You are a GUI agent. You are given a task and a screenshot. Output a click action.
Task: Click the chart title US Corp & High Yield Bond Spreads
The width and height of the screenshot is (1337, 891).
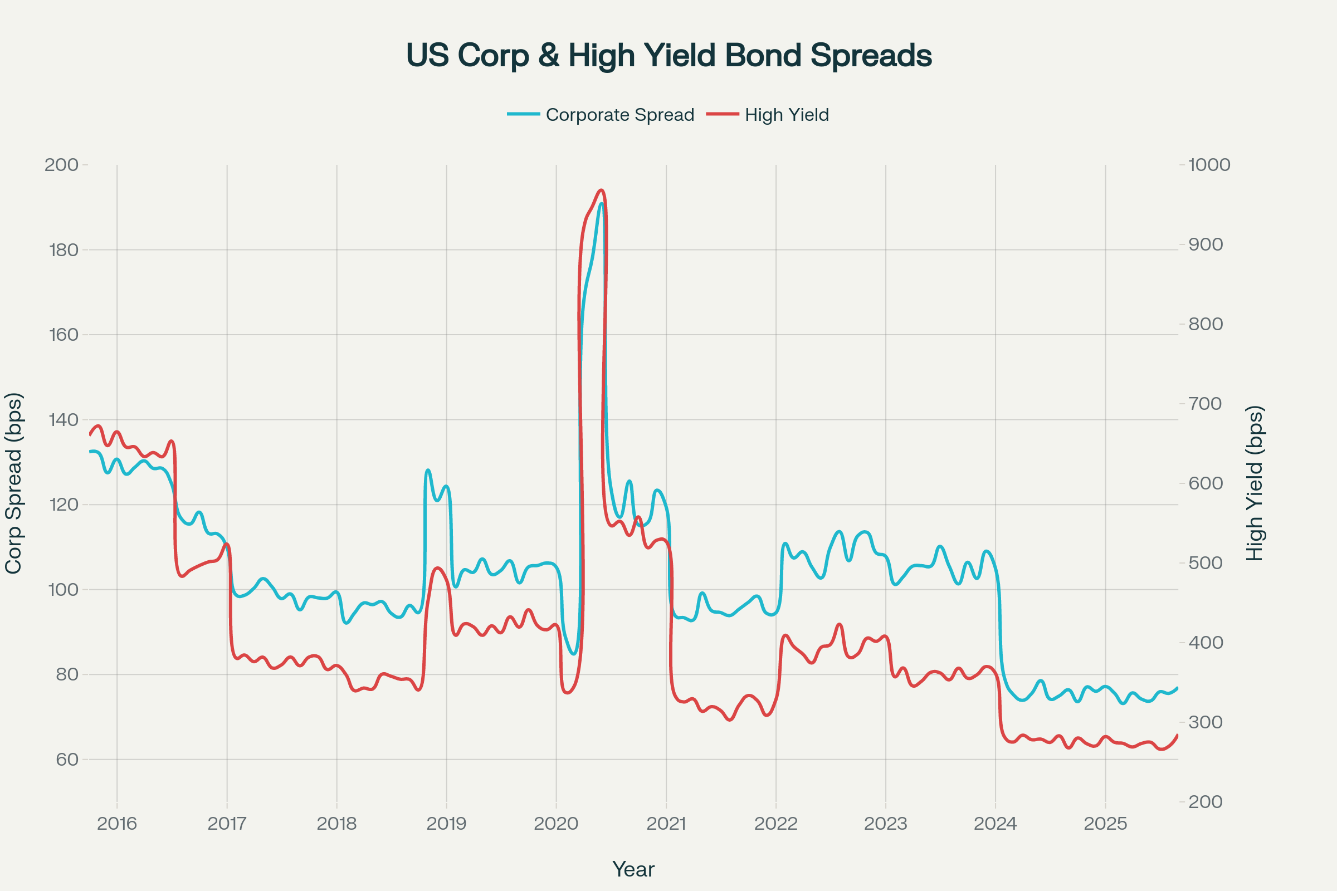click(x=668, y=56)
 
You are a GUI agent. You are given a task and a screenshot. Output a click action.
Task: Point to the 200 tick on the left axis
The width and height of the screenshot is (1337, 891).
click(x=61, y=165)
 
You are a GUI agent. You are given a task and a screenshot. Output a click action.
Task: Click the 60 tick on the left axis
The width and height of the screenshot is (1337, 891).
click(x=66, y=760)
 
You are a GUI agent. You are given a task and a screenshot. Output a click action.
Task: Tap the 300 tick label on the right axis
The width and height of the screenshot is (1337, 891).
click(x=1205, y=722)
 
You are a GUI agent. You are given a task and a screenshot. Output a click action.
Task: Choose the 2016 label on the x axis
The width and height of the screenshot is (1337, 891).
click(x=117, y=824)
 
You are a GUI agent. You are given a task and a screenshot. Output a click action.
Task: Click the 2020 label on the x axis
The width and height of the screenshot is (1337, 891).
click(x=556, y=824)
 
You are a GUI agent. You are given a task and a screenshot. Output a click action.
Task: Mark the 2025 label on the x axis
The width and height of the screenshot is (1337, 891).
click(x=1105, y=824)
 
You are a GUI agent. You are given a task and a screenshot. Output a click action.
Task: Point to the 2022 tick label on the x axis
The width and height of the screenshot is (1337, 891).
click(x=776, y=824)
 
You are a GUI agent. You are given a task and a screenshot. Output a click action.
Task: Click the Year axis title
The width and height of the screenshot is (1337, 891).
click(x=633, y=869)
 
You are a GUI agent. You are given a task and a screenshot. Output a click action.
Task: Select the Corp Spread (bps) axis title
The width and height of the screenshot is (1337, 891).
click(x=13, y=483)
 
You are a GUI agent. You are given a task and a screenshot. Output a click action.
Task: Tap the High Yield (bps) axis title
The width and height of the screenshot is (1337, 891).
click(x=1254, y=483)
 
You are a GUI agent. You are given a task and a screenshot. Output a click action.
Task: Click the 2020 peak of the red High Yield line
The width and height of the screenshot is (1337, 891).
click(x=602, y=190)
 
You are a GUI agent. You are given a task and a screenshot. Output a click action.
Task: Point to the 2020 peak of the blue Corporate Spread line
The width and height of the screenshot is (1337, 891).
click(x=601, y=203)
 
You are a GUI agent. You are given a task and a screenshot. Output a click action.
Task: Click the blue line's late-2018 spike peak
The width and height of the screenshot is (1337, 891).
click(x=428, y=470)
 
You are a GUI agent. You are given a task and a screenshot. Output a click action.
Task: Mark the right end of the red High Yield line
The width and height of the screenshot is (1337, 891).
click(x=1177, y=735)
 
